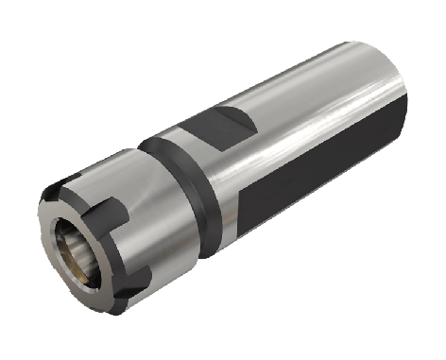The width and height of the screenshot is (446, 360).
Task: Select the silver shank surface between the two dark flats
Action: point(283,142)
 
